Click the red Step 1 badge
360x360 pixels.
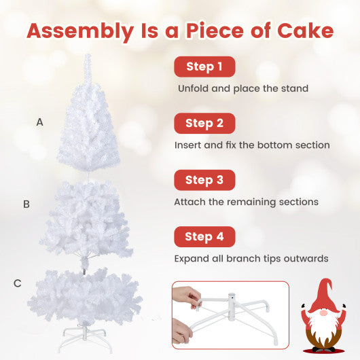pos(204,67)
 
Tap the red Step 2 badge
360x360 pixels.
pos(204,124)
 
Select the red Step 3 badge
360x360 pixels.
pos(204,180)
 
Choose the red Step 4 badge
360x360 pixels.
pos(204,237)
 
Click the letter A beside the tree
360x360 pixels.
pos(40,123)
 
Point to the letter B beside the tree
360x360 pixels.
pos(26,204)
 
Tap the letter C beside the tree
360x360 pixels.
pos(17,283)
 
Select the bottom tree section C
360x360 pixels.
pos(86,299)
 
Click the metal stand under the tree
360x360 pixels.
pos(86,335)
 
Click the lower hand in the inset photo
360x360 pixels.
pos(183,333)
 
